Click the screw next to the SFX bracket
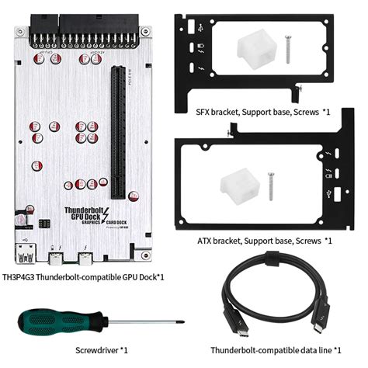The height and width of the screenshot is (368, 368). [287, 49]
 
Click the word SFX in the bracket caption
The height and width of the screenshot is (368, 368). [203, 112]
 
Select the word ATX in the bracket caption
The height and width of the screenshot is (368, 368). [202, 241]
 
